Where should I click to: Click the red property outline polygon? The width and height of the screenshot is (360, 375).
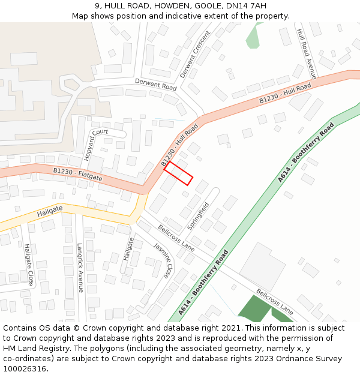(x=178, y=173)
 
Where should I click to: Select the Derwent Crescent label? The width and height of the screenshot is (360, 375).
(x=195, y=55)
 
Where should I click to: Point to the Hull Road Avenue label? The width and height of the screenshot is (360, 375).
(x=307, y=53)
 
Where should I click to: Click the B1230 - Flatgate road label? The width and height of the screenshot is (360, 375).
(x=77, y=175)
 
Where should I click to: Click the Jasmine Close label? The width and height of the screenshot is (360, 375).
(x=162, y=260)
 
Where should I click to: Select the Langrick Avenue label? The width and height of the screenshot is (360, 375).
(x=80, y=267)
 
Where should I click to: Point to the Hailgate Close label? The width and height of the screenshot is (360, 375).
(x=28, y=264)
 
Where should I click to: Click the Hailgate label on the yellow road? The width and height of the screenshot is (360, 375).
(x=50, y=212)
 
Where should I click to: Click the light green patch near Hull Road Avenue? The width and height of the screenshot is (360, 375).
(x=253, y=37)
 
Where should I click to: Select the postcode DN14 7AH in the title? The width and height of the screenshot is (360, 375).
(x=247, y=6)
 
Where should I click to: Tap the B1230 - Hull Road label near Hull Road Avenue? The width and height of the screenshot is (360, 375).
(x=285, y=94)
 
